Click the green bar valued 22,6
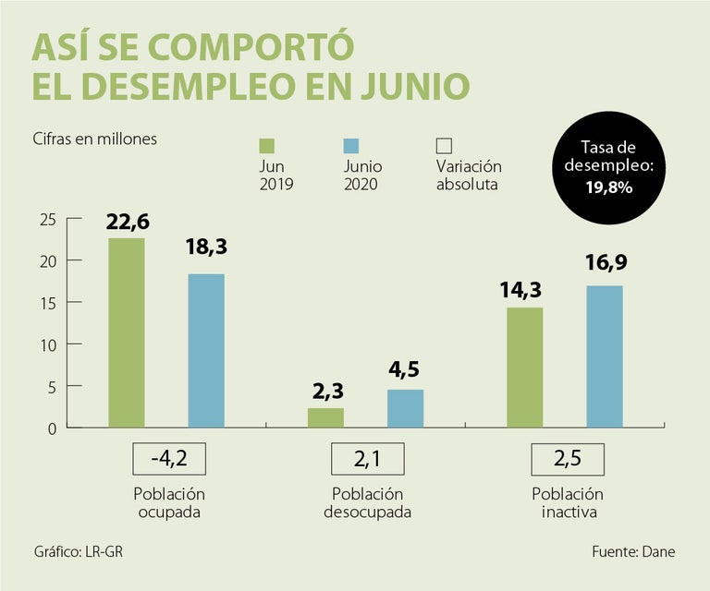127,332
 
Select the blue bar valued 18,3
206,351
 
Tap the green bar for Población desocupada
325,417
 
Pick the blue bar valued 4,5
405,408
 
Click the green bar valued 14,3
524,368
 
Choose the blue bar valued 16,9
604,356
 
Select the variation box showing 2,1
366,459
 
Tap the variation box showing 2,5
567,459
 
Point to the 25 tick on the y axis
48,219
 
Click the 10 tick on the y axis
48,344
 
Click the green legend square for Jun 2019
267,146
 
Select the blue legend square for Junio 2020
350,146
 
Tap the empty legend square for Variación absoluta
444,146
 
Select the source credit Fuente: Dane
633,551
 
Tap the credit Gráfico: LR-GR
77,551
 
